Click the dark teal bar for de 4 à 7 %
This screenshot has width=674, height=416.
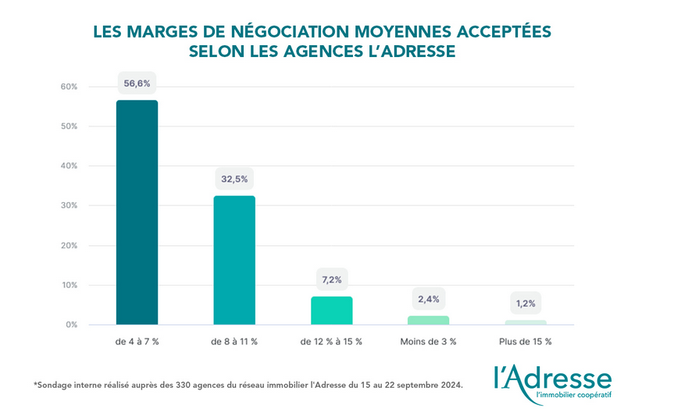tap(137, 212)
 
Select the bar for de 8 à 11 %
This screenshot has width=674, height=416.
tap(234, 260)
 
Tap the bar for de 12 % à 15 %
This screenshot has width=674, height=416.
tap(332, 311)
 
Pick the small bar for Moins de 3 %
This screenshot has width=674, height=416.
tap(429, 320)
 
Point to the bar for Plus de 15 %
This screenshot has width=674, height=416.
tap(526, 322)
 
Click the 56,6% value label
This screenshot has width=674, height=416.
tap(137, 83)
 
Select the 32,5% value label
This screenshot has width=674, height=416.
tap(234, 179)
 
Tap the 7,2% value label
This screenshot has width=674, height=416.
tap(332, 279)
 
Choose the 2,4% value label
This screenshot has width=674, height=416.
tap(429, 299)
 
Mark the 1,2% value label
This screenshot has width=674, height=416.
tap(526, 303)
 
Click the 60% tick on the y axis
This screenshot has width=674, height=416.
tap(69, 87)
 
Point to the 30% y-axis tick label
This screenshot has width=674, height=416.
tap(69, 206)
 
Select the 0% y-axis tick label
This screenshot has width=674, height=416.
tap(71, 325)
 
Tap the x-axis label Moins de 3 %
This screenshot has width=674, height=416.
tap(429, 342)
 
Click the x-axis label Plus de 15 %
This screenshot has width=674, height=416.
tap(526, 342)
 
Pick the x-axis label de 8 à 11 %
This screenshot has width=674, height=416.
tap(234, 342)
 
